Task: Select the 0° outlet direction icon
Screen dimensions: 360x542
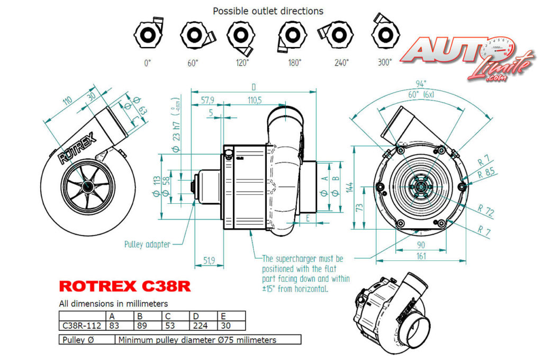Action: coord(147,36)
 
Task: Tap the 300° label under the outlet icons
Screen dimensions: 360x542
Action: coord(385,62)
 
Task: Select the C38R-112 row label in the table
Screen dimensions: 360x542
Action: coord(83,326)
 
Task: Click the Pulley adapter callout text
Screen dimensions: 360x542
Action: coord(147,244)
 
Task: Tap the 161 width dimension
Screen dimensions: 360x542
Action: coord(421,256)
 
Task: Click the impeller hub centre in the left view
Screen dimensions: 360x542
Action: coord(86,186)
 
